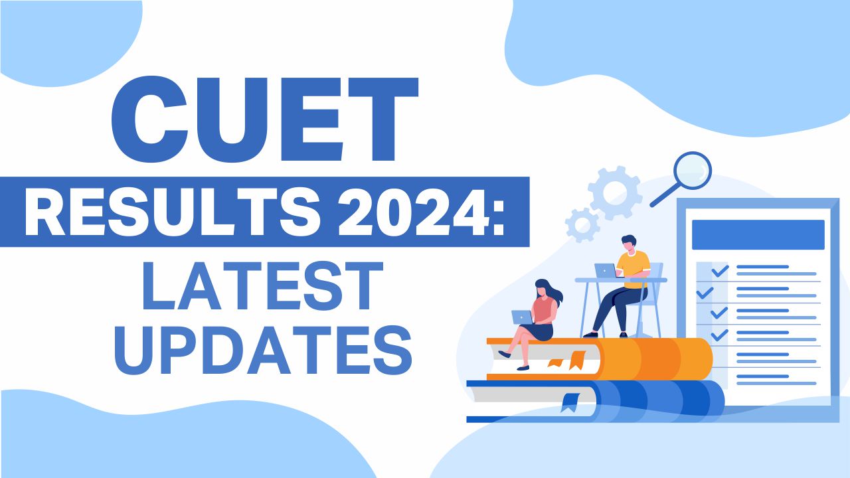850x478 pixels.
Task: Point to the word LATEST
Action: tap(262, 287)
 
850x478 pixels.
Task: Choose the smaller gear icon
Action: tap(582, 224)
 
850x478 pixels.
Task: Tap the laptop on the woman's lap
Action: tap(522, 317)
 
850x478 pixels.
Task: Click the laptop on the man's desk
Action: tap(605, 270)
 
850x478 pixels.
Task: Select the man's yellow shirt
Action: tap(632, 264)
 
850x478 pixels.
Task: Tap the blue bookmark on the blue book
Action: tap(569, 402)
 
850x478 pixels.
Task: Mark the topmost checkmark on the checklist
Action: tap(720, 271)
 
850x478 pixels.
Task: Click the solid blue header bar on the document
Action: tap(758, 234)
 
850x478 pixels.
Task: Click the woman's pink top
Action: tap(543, 309)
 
